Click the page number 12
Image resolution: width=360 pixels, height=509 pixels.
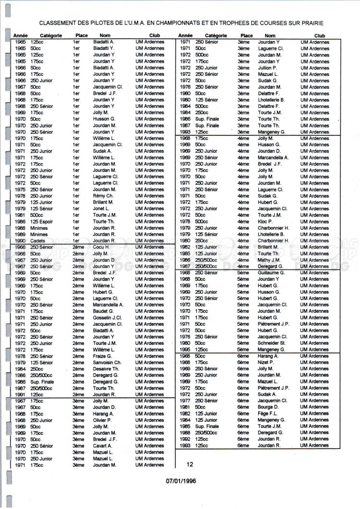click(x=190, y=464)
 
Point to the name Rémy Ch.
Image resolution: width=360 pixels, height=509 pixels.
click(x=103, y=196)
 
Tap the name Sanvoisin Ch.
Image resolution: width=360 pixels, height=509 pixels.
click(x=107, y=362)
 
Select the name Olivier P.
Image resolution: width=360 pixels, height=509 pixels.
click(x=102, y=420)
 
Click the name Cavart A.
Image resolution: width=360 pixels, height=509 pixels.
click(x=102, y=446)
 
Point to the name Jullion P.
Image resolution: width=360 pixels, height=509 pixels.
click(x=261, y=68)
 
